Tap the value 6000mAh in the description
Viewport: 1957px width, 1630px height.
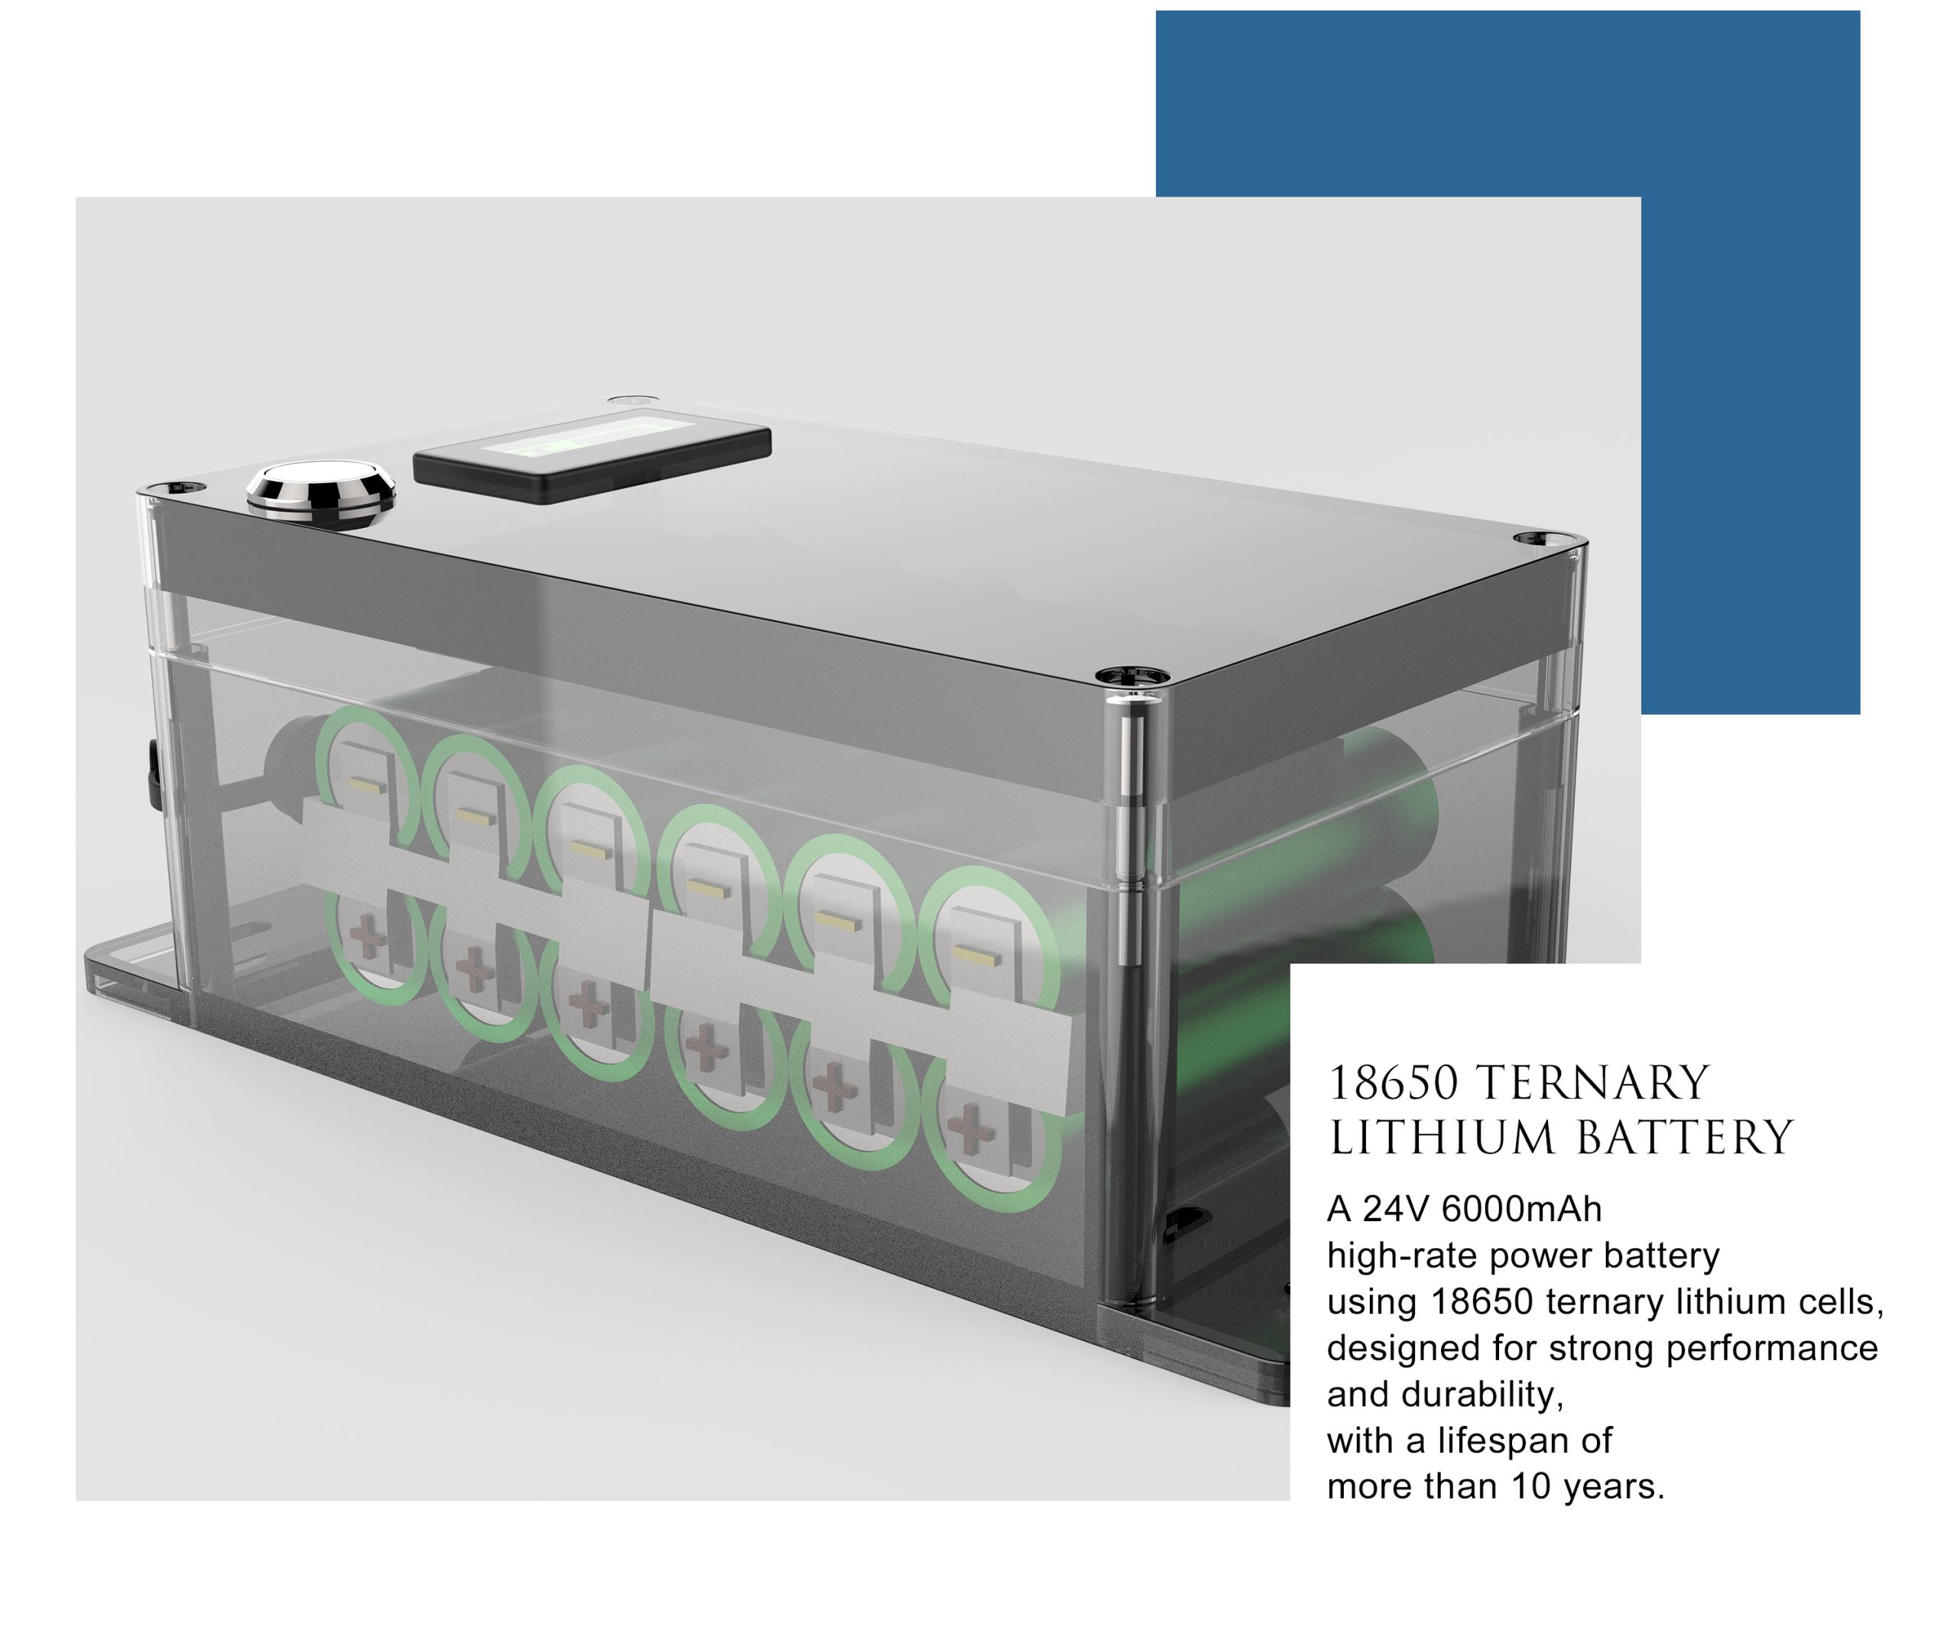(1522, 1209)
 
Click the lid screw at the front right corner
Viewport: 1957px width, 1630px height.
(1129, 676)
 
